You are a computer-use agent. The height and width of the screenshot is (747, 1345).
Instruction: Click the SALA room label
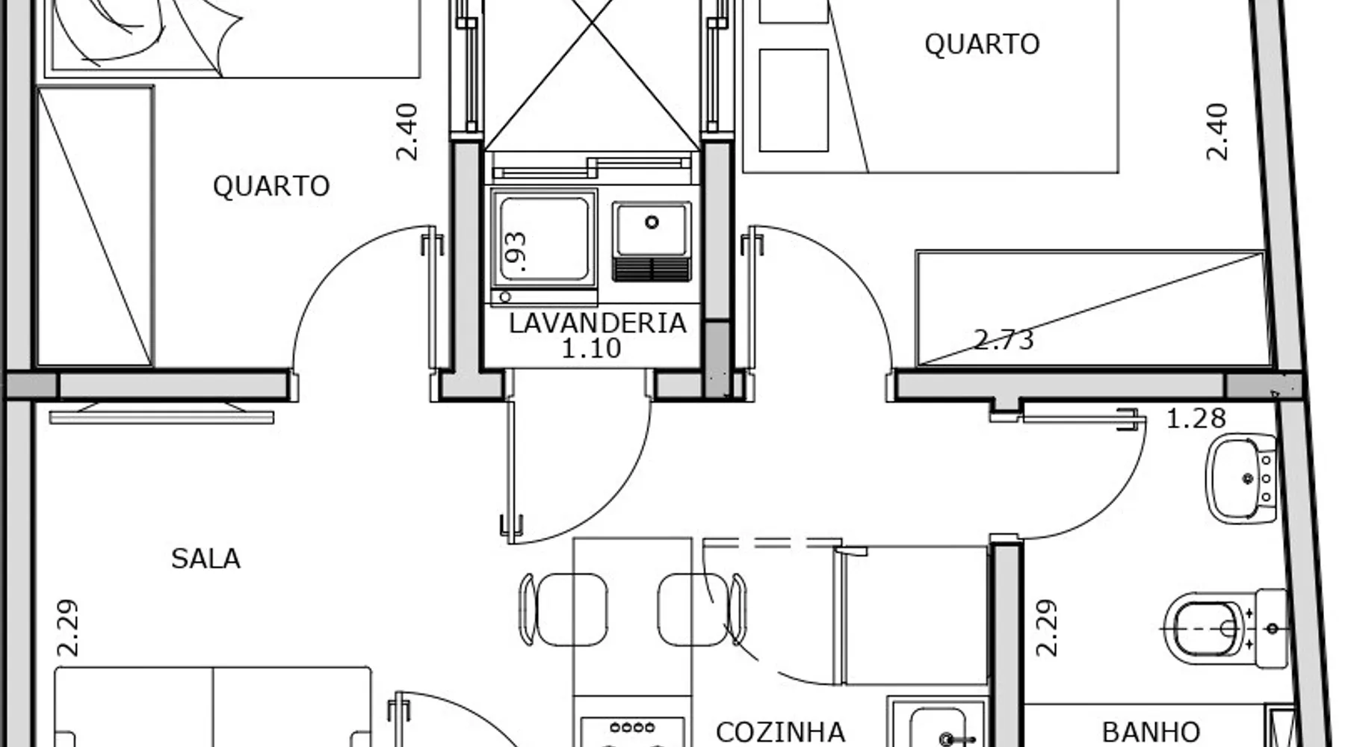(205, 559)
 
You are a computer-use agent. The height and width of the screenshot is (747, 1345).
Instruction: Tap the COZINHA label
(780, 732)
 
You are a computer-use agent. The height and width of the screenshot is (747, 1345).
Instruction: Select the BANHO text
(1151, 732)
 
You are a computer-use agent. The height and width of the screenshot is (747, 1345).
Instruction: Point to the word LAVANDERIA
(597, 323)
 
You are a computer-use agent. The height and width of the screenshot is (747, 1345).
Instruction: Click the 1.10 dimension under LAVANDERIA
(591, 348)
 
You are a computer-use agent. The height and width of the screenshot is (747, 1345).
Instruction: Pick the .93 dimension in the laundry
(516, 250)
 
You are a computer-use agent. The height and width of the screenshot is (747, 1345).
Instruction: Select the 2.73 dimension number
(1004, 340)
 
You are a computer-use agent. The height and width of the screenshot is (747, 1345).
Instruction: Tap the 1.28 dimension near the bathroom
(1196, 418)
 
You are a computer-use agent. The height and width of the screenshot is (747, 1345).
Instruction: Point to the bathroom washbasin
(1240, 479)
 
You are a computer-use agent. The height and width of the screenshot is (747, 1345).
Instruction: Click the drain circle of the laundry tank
(652, 222)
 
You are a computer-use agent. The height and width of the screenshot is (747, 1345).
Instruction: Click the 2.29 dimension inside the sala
(67, 627)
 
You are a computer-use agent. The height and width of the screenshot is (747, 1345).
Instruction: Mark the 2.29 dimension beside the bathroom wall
(1046, 627)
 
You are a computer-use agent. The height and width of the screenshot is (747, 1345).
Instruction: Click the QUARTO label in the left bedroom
(270, 186)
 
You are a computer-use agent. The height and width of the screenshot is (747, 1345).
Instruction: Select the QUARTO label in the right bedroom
(981, 44)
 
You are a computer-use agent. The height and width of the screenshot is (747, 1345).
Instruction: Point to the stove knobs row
(632, 727)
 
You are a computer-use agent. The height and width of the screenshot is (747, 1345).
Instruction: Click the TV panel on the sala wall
(161, 414)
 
